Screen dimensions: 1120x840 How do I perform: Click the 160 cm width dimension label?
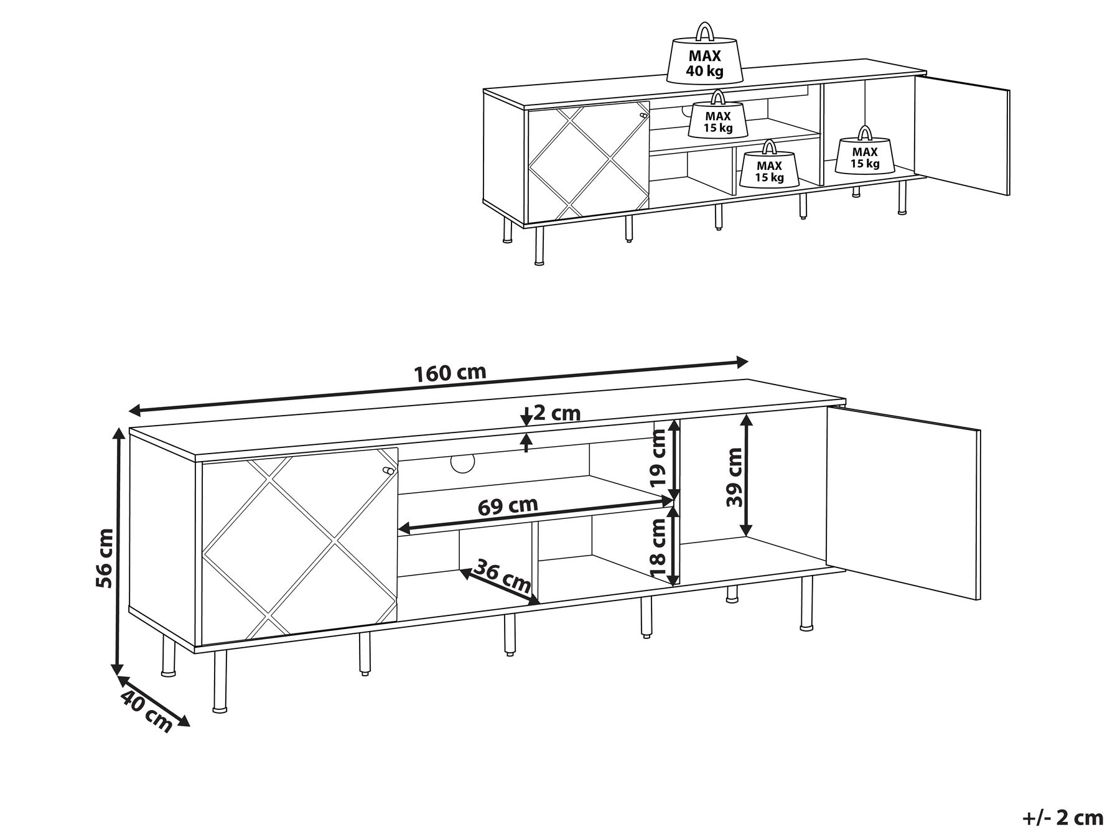click(450, 373)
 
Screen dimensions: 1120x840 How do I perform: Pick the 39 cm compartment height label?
click(735, 477)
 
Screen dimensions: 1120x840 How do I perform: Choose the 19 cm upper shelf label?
click(658, 459)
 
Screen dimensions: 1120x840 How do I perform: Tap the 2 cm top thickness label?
click(557, 413)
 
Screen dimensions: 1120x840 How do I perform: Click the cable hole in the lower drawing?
click(462, 462)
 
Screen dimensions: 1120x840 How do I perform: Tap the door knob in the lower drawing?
click(388, 471)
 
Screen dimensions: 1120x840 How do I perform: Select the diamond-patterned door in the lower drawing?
click(299, 546)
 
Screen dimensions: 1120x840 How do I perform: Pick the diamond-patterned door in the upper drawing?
click(589, 161)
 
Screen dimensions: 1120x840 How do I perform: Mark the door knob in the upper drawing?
click(644, 116)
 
